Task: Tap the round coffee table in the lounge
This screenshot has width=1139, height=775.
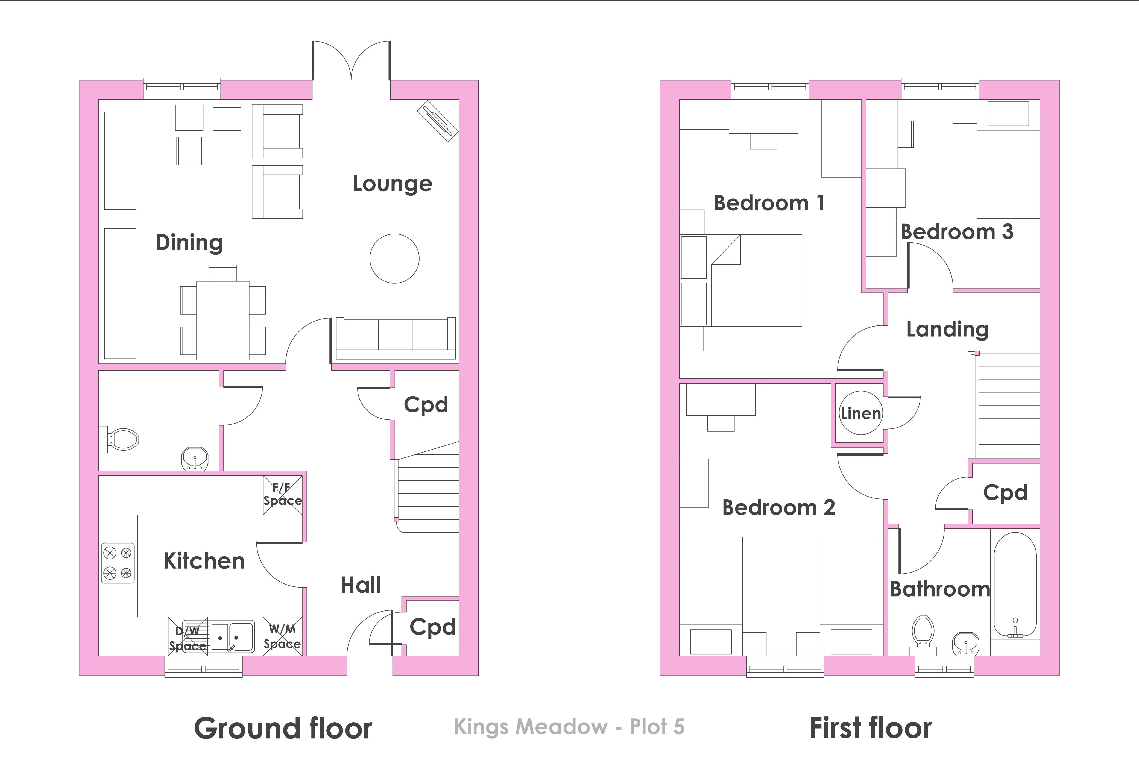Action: (x=394, y=259)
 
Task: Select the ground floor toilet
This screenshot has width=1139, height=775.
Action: (x=119, y=439)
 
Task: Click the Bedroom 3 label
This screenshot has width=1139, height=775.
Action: (x=957, y=232)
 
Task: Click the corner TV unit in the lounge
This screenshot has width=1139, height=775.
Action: (x=438, y=121)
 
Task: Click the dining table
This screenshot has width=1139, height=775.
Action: (x=223, y=320)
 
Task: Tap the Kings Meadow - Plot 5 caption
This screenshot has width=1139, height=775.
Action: (x=569, y=727)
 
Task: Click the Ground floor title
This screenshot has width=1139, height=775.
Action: (x=283, y=729)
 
